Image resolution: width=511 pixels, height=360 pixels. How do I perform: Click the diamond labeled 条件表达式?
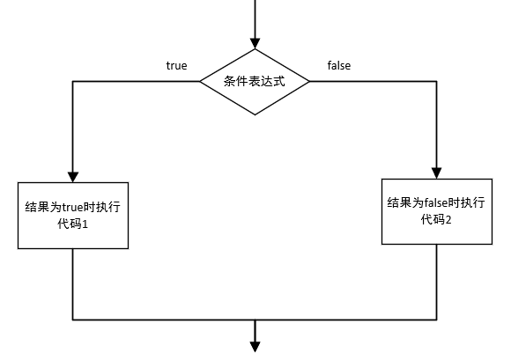coord(255,82)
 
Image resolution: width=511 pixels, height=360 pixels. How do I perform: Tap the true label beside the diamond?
coord(176,66)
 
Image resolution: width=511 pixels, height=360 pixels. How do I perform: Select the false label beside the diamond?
coord(339,65)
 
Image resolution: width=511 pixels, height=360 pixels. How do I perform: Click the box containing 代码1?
coord(73,216)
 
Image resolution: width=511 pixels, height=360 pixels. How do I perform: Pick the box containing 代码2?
coord(437,211)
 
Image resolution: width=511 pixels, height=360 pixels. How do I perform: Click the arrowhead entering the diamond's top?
coord(255,44)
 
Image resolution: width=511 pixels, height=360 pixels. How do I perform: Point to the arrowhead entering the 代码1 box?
coord(73,177)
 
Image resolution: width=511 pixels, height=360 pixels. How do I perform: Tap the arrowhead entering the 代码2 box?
coord(437,173)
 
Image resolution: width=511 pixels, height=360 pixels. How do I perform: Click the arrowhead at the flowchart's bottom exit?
coord(255,347)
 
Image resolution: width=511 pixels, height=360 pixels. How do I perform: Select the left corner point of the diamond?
coord(200,81)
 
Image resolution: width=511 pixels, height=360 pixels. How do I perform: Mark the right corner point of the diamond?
coord(309,81)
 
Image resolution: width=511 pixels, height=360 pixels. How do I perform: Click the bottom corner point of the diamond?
coord(255,115)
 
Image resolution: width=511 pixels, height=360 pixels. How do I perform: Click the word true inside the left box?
coord(73,207)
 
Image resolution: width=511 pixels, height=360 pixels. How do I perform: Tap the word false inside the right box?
coord(436,202)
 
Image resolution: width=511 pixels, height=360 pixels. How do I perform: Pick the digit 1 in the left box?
coord(85,224)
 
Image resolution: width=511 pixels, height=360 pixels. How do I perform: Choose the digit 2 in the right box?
coord(448,220)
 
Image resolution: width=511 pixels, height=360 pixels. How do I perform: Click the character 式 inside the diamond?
coord(279,81)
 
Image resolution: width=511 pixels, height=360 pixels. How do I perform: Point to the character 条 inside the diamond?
coord(230,81)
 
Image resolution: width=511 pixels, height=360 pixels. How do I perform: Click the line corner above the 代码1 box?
coord(72,81)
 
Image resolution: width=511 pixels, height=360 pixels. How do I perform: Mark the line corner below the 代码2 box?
coord(437,320)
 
